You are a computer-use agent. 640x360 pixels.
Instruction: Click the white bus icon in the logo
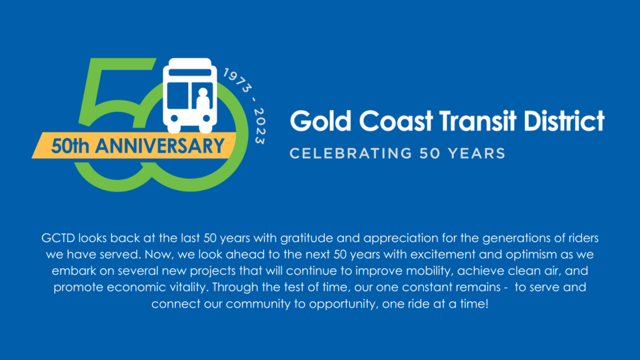(189, 94)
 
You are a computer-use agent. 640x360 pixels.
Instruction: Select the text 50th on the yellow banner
(67, 146)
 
